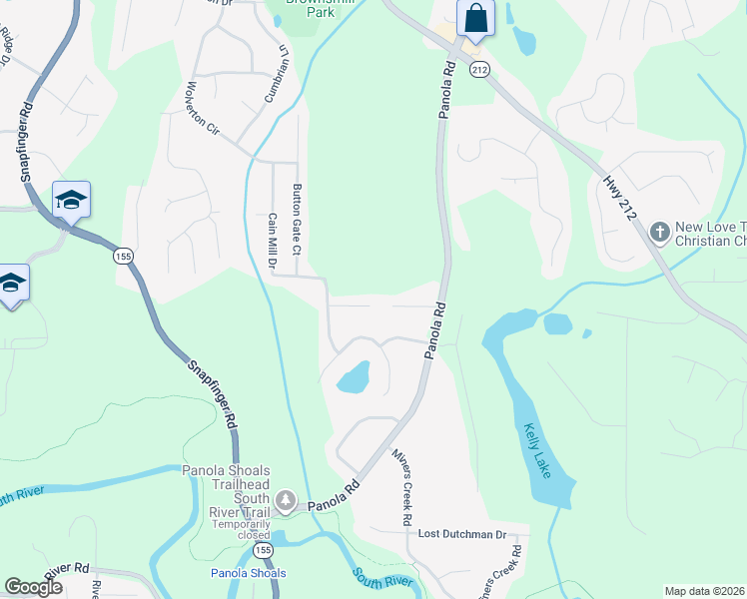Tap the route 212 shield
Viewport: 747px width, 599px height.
click(x=479, y=70)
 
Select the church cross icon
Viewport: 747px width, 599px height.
click(x=659, y=233)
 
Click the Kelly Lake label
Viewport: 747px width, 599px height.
click(x=537, y=449)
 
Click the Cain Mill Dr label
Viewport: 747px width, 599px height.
click(x=271, y=242)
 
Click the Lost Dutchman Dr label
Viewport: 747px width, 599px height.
click(x=462, y=535)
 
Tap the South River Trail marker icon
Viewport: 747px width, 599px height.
click(x=287, y=499)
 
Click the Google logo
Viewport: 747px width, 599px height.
click(x=34, y=588)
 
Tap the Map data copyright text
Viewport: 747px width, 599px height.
click(x=704, y=591)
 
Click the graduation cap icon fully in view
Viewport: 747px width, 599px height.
click(x=71, y=201)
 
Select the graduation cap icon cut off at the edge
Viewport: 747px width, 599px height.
click(x=12, y=283)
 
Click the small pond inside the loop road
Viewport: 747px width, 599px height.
click(x=355, y=378)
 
